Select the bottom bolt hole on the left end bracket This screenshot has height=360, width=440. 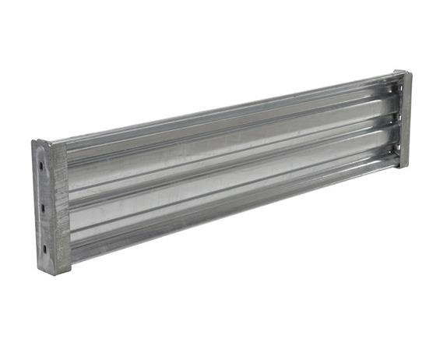(44, 249)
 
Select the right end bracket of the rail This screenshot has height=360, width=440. (403, 118)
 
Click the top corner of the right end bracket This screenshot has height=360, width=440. (404, 71)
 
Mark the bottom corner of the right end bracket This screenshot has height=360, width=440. (404, 166)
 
